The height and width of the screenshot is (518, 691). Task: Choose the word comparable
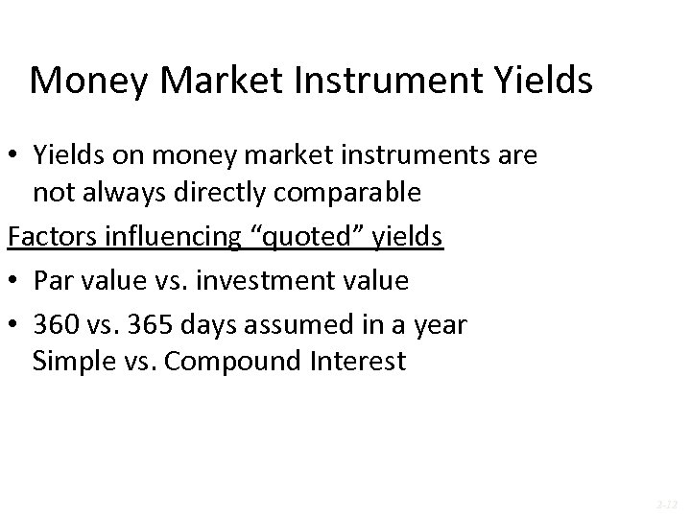tap(347, 193)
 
